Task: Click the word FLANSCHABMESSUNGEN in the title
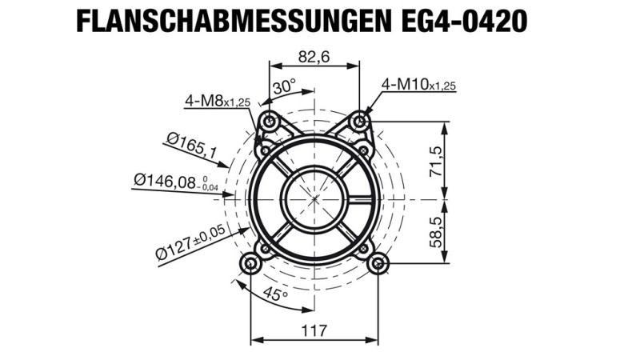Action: pos(234,22)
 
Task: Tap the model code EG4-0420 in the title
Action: pos(464,22)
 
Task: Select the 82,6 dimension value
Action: pos(314,57)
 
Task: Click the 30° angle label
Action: pos(284,87)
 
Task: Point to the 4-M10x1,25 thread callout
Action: pos(418,85)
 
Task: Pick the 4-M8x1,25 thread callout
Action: pos(217,101)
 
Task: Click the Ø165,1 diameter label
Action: pos(192,145)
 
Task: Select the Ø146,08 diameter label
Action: pos(176,182)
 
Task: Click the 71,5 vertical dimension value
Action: pos(435,162)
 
